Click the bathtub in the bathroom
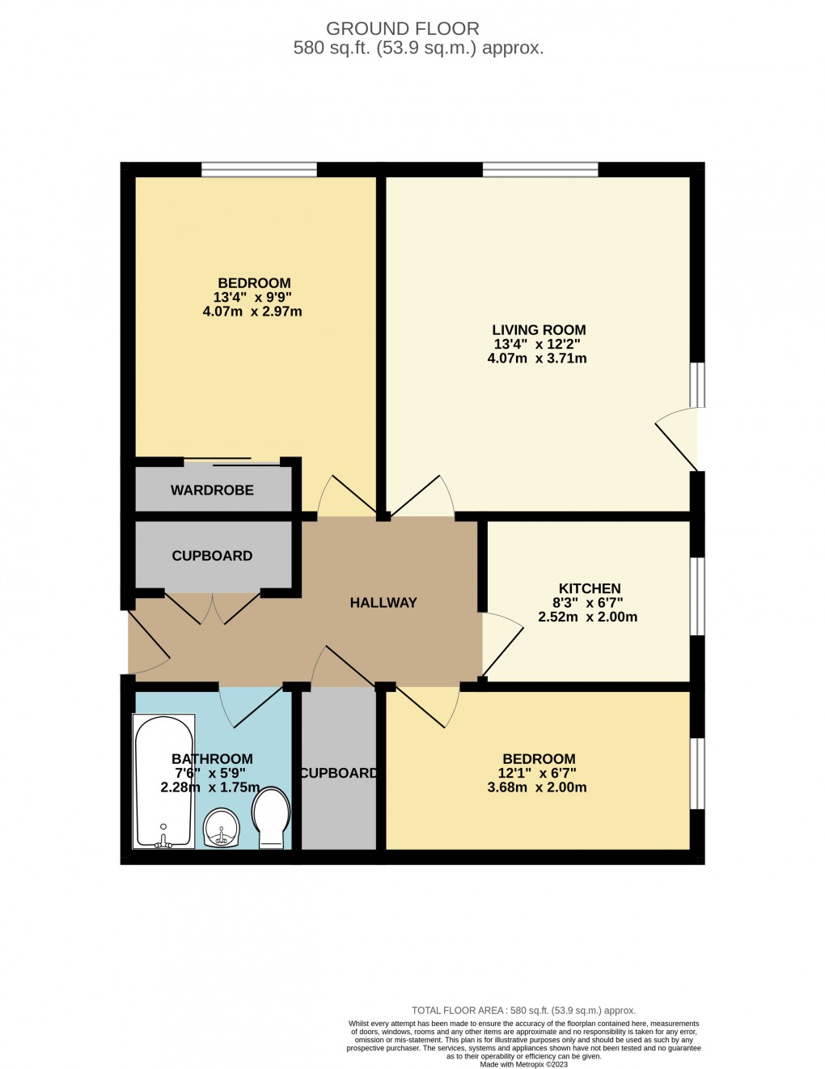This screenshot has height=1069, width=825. pos(163,781)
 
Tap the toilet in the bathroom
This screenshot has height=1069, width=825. pos(272,817)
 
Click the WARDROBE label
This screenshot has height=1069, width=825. pos(212,490)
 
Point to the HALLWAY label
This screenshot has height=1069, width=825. pos(383,603)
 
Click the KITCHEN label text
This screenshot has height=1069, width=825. pos(590,589)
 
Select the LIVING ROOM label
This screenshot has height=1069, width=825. pos(539,330)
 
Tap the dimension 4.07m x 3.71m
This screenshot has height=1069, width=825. pos(537,358)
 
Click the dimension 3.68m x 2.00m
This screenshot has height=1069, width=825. pos(537,787)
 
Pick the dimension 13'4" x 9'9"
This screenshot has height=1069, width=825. pos(252,297)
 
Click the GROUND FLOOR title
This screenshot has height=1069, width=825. pos(403,29)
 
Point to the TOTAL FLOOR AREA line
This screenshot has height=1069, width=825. pos(523,1011)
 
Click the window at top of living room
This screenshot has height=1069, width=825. pos(540,169)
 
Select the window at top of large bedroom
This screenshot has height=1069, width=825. pos(259,169)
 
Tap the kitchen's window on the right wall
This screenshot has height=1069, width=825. pos(696,596)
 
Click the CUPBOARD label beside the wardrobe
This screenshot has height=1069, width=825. pos(212,556)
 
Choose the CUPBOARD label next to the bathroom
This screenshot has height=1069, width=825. pos(338,774)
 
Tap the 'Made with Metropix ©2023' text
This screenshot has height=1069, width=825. pos(523,1064)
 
